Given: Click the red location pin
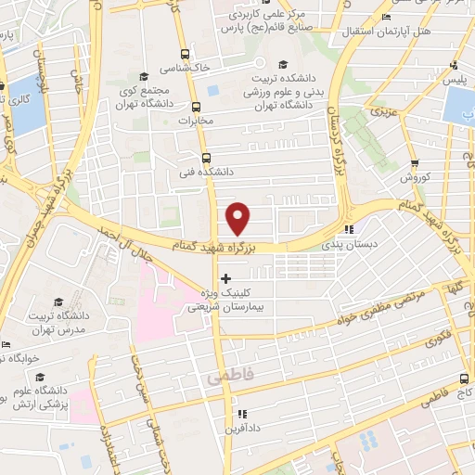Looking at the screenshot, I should tap(238, 218).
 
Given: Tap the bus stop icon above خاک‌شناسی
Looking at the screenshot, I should tap(184, 54).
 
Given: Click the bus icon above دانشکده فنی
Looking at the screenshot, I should tap(205, 158).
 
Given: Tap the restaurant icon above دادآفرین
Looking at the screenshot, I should tap(240, 414).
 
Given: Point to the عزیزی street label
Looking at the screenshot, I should tap(381, 111).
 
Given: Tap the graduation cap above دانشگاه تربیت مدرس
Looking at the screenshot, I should tap(59, 302).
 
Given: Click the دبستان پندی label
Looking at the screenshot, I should tap(338, 245).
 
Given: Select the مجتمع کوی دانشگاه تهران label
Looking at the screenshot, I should tap(150, 96).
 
